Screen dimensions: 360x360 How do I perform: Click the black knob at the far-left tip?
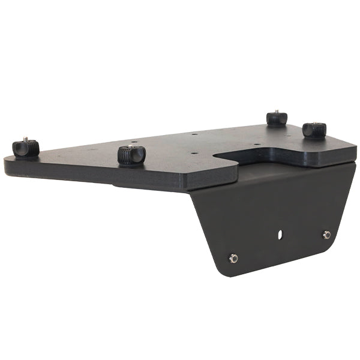point(26,148)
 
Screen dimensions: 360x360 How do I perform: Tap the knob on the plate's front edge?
point(131,155)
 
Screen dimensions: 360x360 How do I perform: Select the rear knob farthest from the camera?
point(277,118)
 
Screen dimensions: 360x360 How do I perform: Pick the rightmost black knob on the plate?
point(314,130)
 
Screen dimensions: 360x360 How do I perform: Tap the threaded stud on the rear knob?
point(277,112)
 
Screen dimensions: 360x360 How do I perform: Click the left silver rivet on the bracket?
point(233,258)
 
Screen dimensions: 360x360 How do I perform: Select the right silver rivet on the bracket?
point(326,235)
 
